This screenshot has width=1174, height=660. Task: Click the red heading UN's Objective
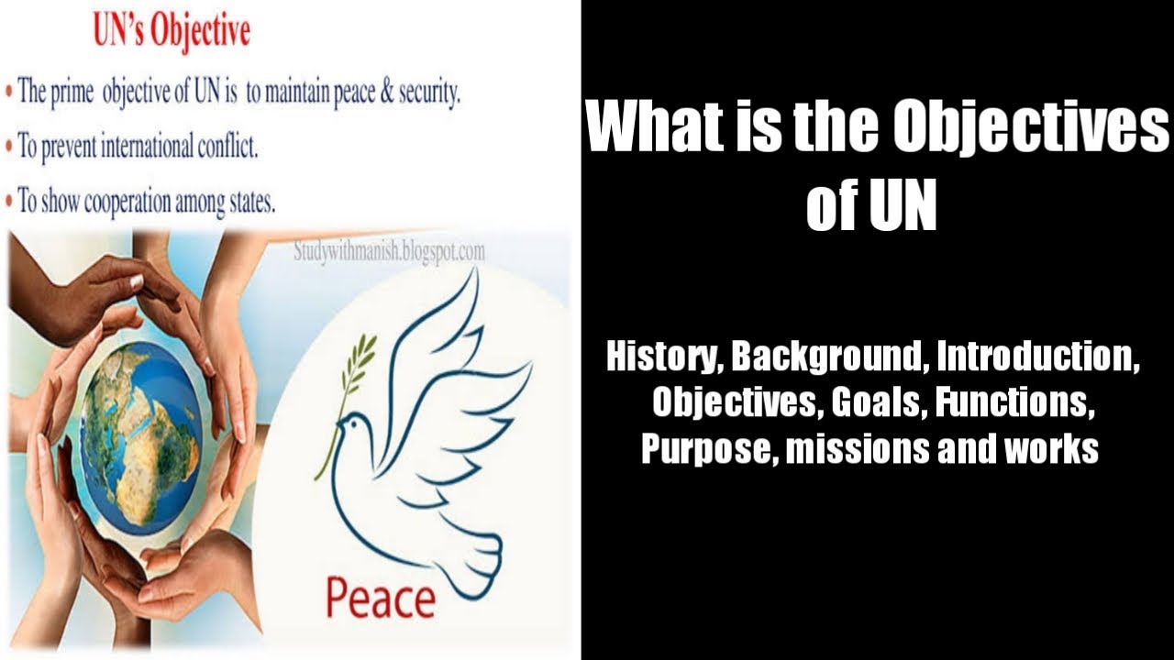tap(172, 33)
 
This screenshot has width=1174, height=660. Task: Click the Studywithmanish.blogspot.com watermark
tap(389, 251)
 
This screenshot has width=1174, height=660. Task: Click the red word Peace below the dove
tap(380, 598)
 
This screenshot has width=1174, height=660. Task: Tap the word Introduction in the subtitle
tap(1035, 357)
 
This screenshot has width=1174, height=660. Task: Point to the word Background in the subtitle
tap(826, 357)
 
